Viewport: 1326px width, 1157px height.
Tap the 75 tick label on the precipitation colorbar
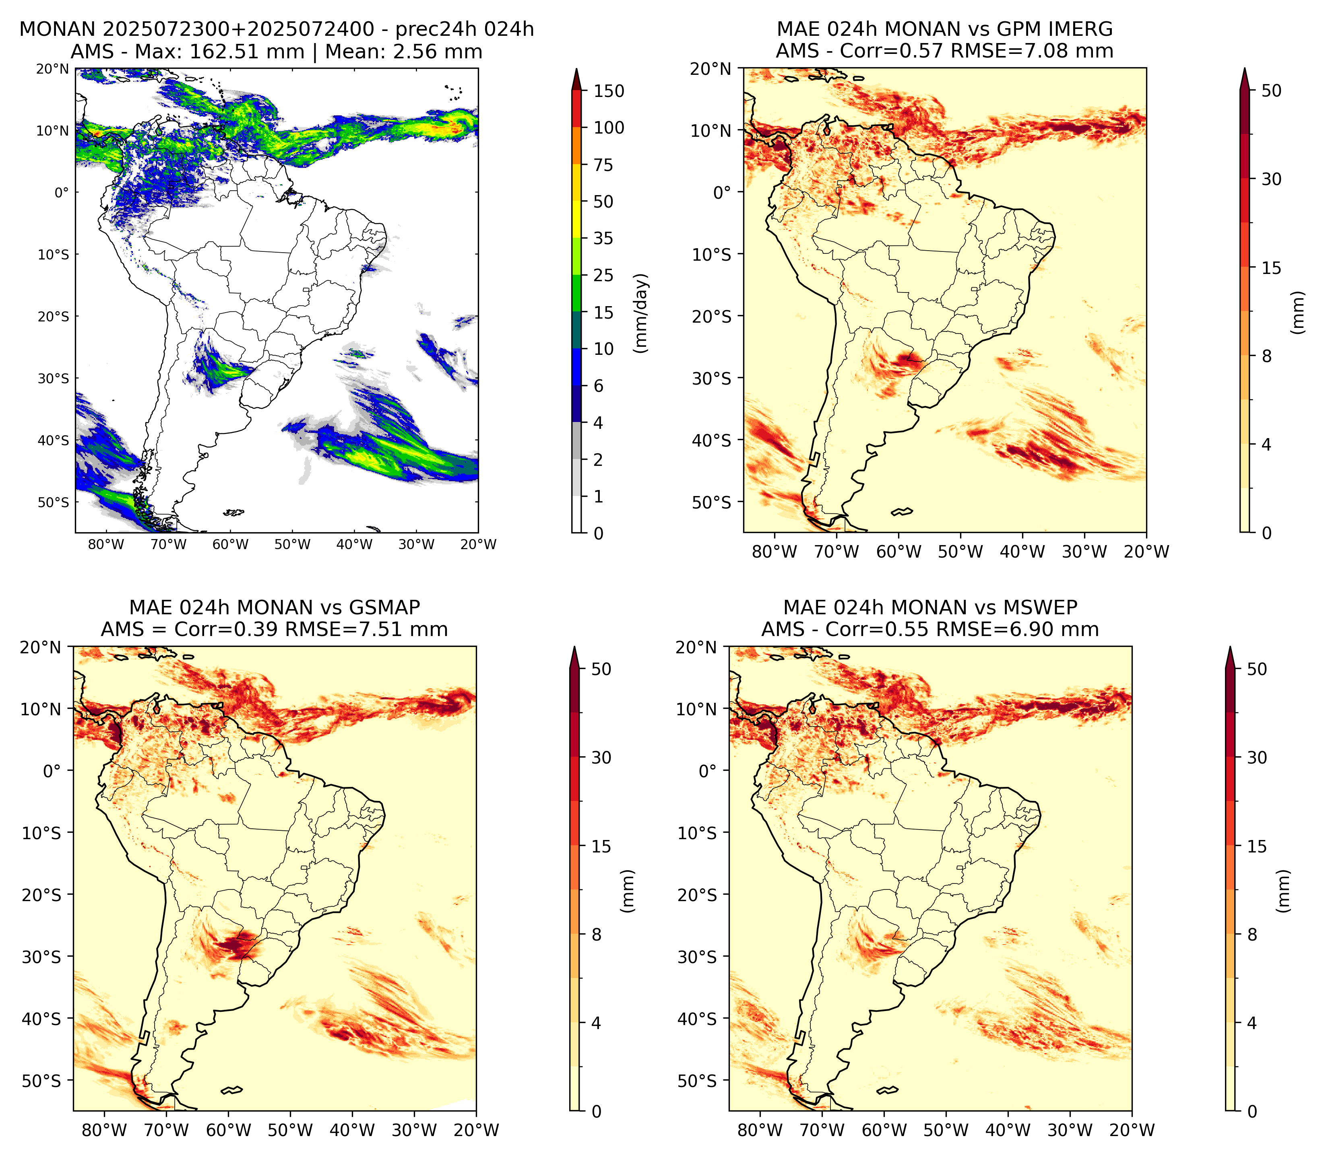click(603, 165)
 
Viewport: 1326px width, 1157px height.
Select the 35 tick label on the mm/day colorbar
click(603, 238)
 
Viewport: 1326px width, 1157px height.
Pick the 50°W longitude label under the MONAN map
click(292, 544)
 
